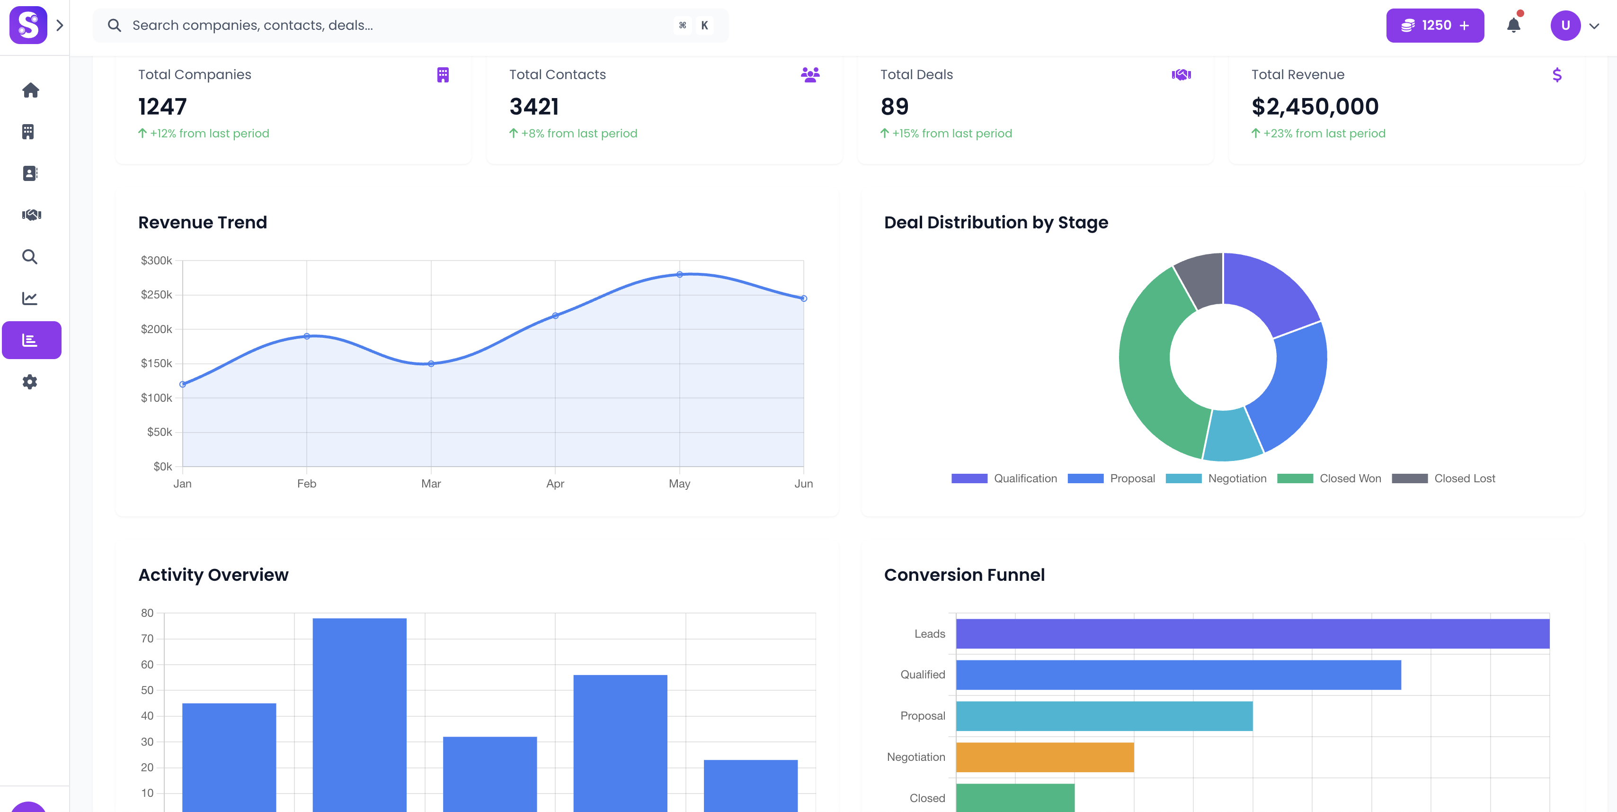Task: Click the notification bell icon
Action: click(x=1513, y=25)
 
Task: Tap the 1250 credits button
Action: click(x=1434, y=25)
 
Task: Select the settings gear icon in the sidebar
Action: click(x=29, y=382)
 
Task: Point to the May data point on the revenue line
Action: click(x=679, y=274)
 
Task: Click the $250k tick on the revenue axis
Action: click(x=156, y=295)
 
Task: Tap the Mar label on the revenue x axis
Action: click(x=431, y=484)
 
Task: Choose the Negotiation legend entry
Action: click(x=1217, y=478)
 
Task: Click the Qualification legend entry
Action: click(x=1004, y=478)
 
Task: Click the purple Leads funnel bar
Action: click(x=1253, y=634)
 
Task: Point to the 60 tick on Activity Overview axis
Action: click(x=147, y=664)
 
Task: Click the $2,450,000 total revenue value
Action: click(x=1315, y=107)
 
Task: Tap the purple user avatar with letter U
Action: click(x=1565, y=25)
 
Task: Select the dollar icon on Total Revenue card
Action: click(x=1557, y=75)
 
